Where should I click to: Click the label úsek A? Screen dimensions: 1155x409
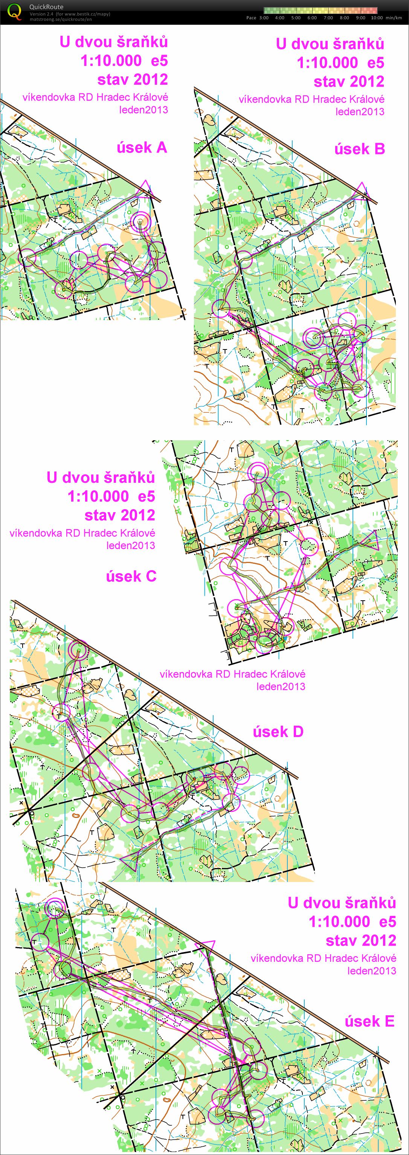[142, 148]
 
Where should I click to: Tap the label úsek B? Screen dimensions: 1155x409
[360, 149]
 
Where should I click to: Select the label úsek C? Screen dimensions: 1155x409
[131, 576]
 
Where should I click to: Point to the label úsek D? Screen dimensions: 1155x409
[278, 732]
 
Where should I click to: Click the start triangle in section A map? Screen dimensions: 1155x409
[144, 189]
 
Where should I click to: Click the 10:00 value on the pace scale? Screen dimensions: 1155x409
[377, 18]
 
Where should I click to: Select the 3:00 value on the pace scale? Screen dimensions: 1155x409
[264, 18]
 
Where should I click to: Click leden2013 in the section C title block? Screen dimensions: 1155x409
[131, 545]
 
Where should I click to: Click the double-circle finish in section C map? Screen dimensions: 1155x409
[258, 472]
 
